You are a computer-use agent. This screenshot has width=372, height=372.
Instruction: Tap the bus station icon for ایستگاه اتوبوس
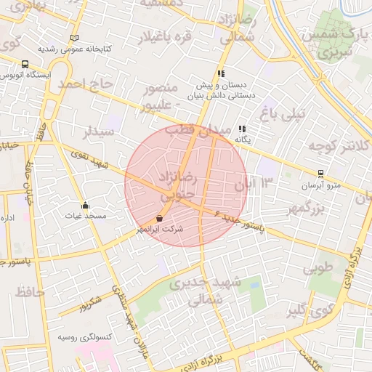(26, 64)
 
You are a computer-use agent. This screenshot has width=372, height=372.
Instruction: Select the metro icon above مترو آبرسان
(320, 174)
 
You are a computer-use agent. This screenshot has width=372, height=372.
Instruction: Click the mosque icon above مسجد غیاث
(86, 205)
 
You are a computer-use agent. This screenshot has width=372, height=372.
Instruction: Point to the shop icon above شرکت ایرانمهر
(160, 217)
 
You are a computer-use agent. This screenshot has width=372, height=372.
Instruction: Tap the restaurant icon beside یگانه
(242, 129)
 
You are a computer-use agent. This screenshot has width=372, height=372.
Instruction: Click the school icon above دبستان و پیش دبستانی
(221, 73)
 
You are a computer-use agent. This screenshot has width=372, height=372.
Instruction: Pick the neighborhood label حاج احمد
(86, 85)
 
